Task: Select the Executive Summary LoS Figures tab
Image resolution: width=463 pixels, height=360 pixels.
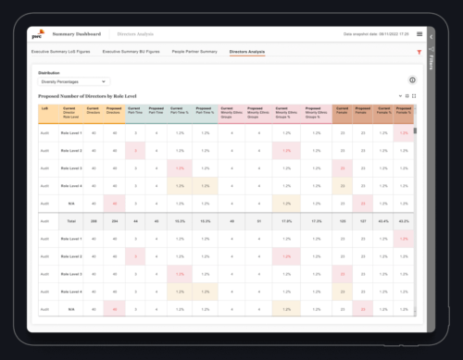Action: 66,52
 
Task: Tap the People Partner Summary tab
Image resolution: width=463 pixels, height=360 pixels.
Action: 194,52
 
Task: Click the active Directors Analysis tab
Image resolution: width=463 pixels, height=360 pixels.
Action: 247,52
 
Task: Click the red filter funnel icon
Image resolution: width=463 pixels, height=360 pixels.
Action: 419,53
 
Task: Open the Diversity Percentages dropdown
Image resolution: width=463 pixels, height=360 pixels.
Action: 73,81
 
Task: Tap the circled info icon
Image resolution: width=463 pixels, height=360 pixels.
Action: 411,81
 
